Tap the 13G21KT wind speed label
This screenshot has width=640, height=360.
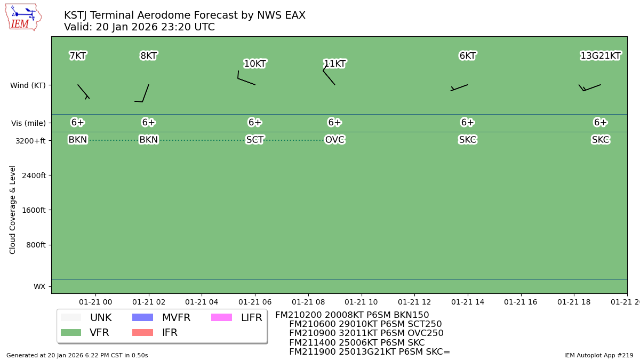tap(601, 56)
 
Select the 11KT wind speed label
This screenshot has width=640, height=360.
tap(334, 64)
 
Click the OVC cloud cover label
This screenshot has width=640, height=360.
tap(334, 140)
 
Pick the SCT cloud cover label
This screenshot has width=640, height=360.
tap(255, 140)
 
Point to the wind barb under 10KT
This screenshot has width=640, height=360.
tap(246, 79)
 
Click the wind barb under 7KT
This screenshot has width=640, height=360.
tap(83, 91)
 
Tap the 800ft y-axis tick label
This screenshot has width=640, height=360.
tap(35, 245)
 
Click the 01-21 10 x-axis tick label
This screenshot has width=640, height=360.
tap(362, 302)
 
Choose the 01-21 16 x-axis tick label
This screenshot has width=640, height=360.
tap(521, 302)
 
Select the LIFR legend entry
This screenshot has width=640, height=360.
tap(236, 318)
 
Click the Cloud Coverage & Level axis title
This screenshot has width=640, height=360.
tap(13, 210)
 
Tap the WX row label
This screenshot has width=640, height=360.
tap(39, 286)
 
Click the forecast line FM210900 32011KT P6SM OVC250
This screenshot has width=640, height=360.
tap(366, 333)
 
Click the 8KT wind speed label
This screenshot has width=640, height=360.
tap(148, 56)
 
